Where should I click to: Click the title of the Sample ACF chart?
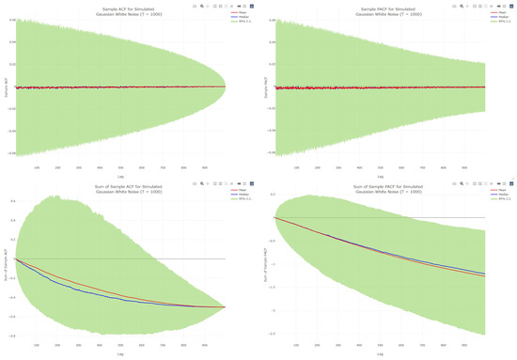119,12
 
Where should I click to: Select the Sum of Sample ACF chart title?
119,189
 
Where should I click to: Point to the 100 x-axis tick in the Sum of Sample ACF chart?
37,345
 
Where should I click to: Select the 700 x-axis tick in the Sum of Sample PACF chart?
425,345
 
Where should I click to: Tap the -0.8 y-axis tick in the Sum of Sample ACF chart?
11,334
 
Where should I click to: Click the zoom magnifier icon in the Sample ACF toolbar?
202,6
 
